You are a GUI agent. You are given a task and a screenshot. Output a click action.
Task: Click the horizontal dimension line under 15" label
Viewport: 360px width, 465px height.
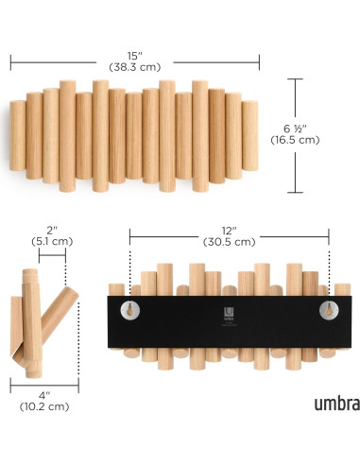point(134,63)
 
